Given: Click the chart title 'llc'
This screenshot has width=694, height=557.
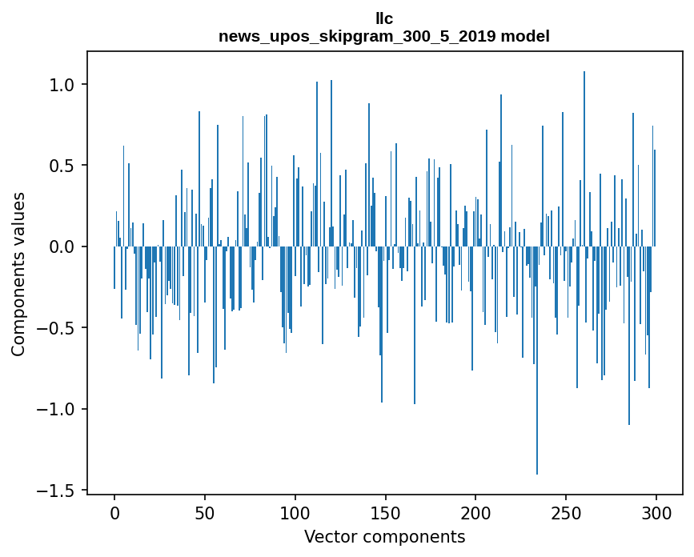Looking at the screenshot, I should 384,18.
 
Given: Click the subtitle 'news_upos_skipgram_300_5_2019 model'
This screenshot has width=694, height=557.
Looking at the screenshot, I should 384,37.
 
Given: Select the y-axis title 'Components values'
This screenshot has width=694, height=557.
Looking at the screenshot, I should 18,274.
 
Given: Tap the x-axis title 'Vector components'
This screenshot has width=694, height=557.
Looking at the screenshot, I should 384,536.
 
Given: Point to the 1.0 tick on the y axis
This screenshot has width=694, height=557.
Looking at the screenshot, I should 63,85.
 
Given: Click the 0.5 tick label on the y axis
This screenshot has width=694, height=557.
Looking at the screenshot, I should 63,166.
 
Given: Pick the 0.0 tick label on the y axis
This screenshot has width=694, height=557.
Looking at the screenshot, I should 63,246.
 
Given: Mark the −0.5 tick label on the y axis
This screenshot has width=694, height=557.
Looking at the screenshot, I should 58,328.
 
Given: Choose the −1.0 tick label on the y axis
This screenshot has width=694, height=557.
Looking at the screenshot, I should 58,409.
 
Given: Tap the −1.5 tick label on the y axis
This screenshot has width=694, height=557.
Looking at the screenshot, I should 58,490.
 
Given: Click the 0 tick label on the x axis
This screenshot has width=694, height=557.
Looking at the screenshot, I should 114,512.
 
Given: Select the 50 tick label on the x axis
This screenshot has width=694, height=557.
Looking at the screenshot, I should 205,512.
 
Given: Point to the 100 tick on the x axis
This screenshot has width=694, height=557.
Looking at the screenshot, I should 295,512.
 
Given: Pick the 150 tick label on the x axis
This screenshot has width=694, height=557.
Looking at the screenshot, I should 386,512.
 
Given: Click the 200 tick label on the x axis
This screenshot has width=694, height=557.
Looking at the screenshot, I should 475,512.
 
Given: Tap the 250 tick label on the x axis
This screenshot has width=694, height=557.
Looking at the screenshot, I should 566,512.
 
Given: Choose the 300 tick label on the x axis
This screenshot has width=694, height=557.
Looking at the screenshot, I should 656,512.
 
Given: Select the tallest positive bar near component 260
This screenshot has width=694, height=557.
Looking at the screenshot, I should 584,160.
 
